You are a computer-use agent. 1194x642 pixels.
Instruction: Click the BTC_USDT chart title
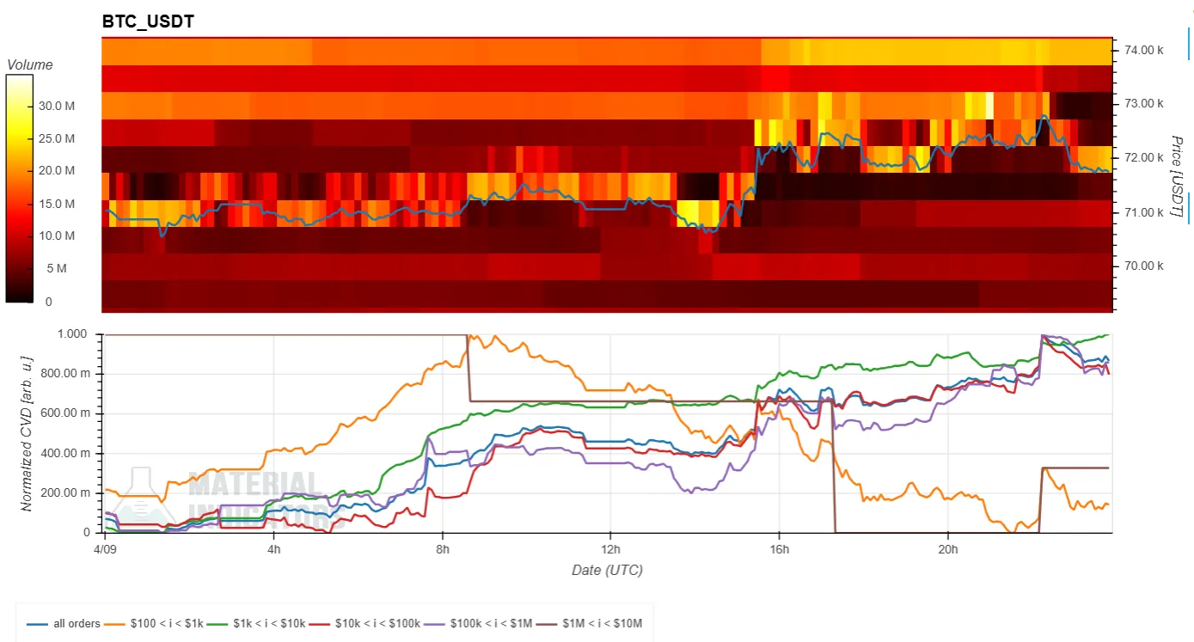148,21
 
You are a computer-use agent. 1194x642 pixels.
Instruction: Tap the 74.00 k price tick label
1143,50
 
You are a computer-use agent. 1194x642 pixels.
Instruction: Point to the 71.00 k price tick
1143,211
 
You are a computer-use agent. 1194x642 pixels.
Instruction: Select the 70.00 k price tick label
1143,266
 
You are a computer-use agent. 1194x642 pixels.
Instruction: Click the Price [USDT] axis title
1176,177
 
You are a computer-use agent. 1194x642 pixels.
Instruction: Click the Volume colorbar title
29,64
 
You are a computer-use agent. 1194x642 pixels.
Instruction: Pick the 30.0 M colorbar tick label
57,107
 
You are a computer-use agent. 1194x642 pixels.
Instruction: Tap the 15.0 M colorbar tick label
57,204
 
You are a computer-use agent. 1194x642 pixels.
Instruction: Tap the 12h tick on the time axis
610,548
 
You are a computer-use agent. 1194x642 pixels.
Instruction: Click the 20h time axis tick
947,548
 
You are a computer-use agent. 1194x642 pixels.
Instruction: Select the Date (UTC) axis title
607,570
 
